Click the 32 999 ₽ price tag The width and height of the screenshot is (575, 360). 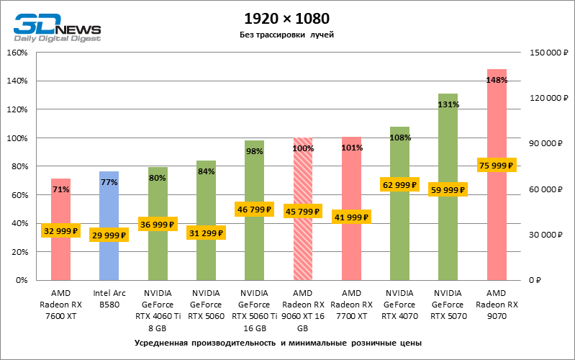coord(60,230)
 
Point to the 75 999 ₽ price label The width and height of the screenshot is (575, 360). coord(497,165)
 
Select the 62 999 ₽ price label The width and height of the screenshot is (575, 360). coord(399,185)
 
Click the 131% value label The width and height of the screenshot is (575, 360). coord(448,104)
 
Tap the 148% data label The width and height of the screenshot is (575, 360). coord(497,80)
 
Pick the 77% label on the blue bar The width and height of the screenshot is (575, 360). coord(109,182)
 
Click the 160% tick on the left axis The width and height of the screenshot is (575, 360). coord(17,53)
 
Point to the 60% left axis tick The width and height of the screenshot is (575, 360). coord(18,194)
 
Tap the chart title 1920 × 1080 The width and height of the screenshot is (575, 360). coord(286,17)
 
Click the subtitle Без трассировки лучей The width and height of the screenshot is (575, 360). coord(286,35)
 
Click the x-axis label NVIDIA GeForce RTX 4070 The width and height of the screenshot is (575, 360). coord(399,303)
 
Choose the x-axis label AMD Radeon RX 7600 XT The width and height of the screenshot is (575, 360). coord(60,303)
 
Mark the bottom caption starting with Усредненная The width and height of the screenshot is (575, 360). coord(286,342)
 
